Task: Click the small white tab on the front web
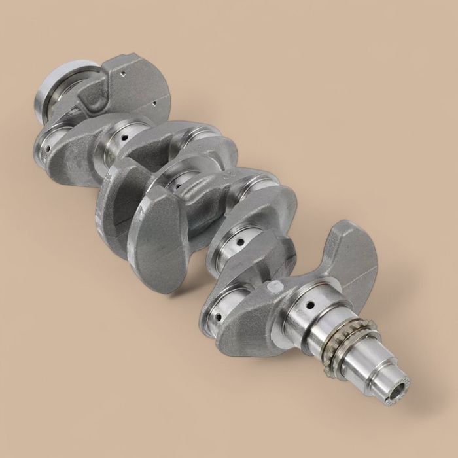click(277, 285)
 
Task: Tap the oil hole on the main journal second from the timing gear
click(241, 243)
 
